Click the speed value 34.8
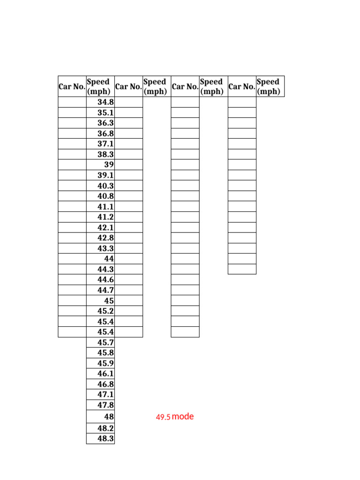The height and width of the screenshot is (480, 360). coord(105,102)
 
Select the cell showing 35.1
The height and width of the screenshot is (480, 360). coord(105,112)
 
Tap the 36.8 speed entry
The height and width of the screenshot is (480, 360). coord(105,134)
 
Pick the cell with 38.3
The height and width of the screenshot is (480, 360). coord(105,154)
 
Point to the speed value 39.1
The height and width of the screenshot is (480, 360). coord(105,175)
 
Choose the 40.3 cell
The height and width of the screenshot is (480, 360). coord(105,186)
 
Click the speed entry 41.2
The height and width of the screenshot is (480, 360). coord(105,217)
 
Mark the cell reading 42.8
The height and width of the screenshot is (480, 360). coord(105,238)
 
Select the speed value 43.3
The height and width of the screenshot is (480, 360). coord(105,248)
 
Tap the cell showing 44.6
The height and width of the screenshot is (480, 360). coord(105,280)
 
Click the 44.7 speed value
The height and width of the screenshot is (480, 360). coord(105,290)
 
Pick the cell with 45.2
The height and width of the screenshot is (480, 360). coord(105,311)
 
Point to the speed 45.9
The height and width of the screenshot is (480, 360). coord(105,363)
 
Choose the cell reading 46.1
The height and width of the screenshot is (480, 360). coord(105,374)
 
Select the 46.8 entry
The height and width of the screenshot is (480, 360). coord(105,384)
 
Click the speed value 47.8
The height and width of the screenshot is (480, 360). coord(105,405)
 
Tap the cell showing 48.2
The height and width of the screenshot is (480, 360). coord(105,428)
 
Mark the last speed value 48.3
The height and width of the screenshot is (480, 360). coord(105,439)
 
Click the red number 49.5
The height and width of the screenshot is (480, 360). coord(163,417)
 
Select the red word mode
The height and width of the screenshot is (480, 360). coord(183,416)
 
